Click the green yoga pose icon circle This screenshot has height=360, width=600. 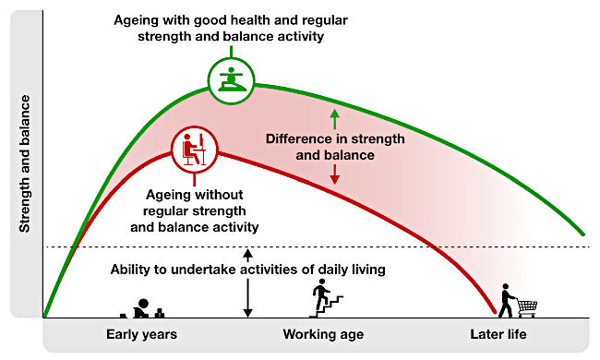point(231,59)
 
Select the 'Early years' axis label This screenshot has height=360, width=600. point(141,334)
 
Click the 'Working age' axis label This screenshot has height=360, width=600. point(323,334)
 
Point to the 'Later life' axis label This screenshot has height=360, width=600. point(498,334)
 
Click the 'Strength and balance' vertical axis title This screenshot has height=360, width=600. point(25,163)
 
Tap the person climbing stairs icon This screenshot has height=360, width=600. point(326,298)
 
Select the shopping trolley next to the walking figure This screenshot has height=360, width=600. point(528,307)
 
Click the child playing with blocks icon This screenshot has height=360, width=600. point(142,308)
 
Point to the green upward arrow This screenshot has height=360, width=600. point(335,119)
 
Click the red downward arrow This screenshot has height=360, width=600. point(335,174)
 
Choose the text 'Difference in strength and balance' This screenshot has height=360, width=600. point(335,147)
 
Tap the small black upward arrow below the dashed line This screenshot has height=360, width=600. point(248,256)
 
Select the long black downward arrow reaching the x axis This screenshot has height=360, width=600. point(248,298)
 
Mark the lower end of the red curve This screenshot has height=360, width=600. point(495,312)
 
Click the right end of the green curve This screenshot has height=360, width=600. point(583,234)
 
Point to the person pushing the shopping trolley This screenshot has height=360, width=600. point(507,301)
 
